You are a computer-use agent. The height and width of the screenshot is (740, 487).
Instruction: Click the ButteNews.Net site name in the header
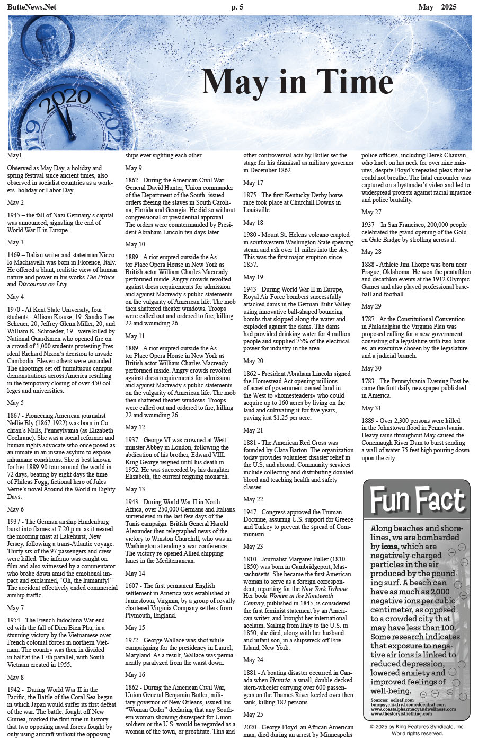pos(31,7)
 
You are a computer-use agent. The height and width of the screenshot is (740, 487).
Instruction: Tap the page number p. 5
pos(237,7)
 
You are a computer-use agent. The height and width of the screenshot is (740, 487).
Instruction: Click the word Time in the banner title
pos(355,83)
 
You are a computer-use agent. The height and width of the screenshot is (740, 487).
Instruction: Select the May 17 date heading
pos(253,183)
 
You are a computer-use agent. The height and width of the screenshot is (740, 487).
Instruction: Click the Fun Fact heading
pos(417,500)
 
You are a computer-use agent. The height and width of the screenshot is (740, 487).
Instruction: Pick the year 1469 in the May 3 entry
pos(15,255)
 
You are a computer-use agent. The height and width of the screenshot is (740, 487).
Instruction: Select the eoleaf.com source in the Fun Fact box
pos(397,700)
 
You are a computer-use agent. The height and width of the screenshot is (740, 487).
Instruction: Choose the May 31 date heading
pos(371,408)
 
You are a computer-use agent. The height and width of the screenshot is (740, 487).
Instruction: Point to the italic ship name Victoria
pos(279,680)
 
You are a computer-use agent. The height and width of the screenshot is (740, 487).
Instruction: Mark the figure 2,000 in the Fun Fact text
pos(440,592)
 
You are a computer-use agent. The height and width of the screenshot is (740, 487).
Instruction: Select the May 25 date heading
pos(253,715)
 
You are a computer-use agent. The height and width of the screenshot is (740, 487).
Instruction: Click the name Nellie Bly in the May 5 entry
pos(22,423)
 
